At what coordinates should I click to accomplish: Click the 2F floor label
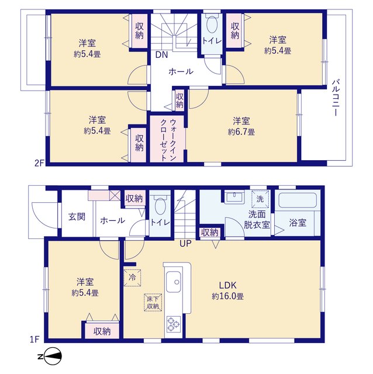point(39,163)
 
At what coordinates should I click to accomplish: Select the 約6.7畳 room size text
point(241,132)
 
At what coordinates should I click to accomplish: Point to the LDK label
point(227,285)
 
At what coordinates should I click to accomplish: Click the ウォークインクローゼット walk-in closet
point(168,138)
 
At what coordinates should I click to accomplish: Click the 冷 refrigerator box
point(131,278)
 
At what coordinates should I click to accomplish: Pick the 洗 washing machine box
point(260,199)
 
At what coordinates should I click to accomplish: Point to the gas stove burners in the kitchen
point(174,324)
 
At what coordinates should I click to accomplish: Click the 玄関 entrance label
point(77,217)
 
